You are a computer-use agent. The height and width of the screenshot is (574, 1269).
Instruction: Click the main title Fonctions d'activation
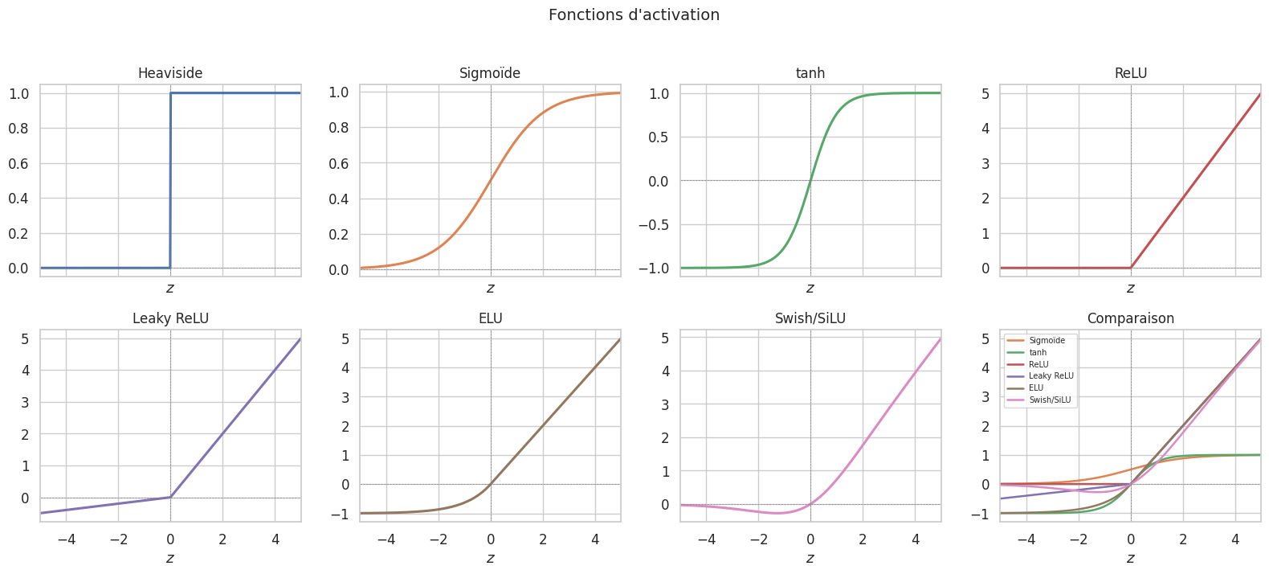click(x=634, y=15)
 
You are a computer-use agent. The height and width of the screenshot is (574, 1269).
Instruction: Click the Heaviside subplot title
click(x=170, y=73)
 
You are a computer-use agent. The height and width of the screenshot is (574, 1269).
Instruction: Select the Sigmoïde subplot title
click(x=490, y=73)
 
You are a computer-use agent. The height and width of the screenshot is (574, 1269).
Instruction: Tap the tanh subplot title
click(x=810, y=73)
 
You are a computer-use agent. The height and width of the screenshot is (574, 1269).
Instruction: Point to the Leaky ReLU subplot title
click(x=170, y=318)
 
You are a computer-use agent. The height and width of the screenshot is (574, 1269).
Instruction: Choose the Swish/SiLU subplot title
click(x=810, y=318)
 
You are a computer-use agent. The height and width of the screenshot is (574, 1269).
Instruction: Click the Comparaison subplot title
click(x=1130, y=318)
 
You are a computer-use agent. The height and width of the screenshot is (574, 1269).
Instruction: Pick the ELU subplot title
click(x=490, y=318)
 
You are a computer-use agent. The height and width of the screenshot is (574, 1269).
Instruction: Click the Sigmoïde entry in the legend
click(x=1047, y=341)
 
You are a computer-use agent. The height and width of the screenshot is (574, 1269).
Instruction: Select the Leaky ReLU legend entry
click(x=1051, y=376)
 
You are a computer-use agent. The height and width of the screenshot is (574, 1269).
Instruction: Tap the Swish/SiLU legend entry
click(x=1049, y=400)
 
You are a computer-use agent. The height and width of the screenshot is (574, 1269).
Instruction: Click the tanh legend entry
click(x=1038, y=353)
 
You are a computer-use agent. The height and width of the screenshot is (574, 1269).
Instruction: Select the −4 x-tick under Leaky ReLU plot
click(x=66, y=539)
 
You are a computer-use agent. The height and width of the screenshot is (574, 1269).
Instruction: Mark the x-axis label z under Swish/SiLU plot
click(x=810, y=558)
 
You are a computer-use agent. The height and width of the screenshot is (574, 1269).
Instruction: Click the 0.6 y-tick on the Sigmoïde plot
click(x=340, y=164)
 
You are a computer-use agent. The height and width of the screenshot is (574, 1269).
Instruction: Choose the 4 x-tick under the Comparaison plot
click(x=1235, y=539)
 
